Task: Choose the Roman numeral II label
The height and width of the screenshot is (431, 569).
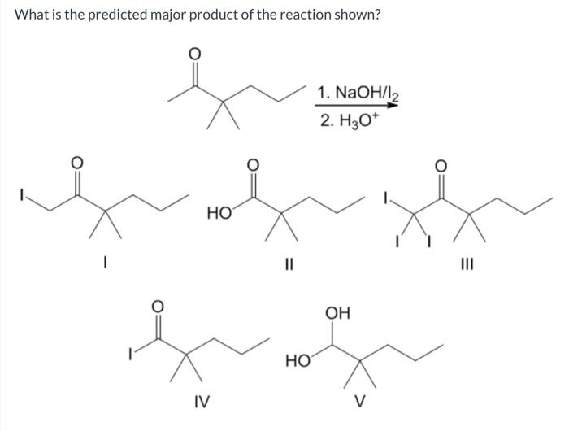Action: (x=286, y=262)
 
